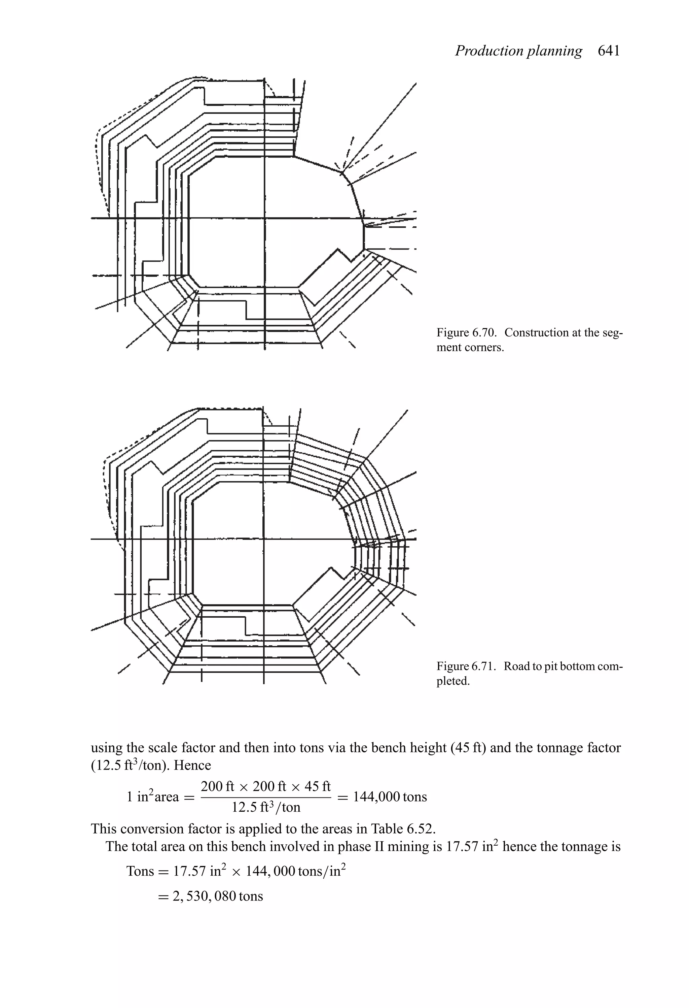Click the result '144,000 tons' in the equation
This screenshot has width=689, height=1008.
pyautogui.click(x=390, y=797)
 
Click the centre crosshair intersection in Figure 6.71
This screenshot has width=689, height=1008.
pyautogui.click(x=263, y=539)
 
